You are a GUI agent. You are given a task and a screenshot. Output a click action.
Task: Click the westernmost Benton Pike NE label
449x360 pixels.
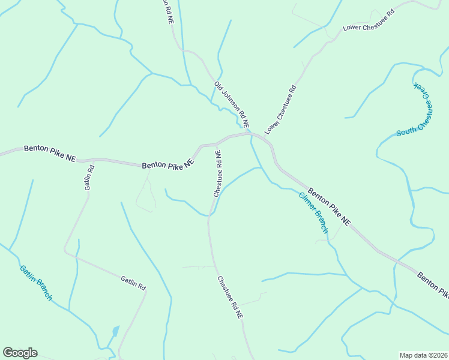coord(50,153)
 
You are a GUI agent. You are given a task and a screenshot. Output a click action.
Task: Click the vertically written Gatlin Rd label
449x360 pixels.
coord(89,178)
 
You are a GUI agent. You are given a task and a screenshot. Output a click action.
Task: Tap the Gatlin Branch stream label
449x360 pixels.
coord(35,283)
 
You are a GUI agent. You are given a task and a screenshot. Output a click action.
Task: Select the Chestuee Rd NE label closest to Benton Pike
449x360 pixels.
coord(217,173)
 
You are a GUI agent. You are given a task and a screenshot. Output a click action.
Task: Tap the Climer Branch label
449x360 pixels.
coord(314,212)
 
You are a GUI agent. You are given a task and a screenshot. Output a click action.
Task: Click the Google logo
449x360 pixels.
coord(20,352)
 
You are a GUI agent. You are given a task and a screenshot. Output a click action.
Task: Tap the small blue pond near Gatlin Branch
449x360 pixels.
coord(114,331)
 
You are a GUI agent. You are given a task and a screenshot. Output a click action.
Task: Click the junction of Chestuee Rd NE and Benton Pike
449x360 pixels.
coord(216,145)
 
